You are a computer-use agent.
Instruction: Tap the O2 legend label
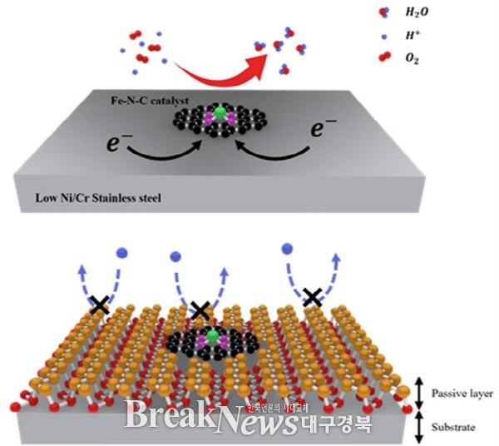[436, 57]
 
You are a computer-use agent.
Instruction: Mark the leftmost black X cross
[99, 305]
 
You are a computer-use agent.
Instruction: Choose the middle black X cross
[200, 310]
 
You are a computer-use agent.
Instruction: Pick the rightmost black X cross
[312, 296]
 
